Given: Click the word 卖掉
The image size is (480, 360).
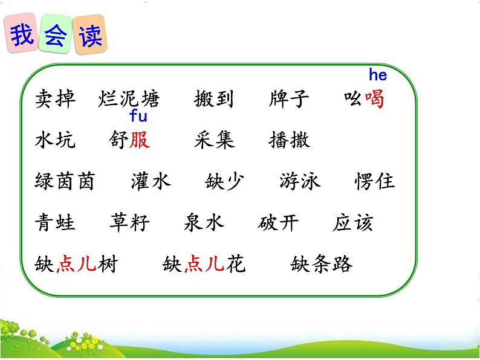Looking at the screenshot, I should click(56, 100).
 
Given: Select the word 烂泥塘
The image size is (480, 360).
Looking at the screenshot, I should click(128, 100).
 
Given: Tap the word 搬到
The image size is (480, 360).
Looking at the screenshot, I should click(214, 100).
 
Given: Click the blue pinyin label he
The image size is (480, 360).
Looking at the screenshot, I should click(377, 76).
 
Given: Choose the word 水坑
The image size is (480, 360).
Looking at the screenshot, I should click(56, 140).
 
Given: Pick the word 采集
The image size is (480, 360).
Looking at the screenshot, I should click(214, 140).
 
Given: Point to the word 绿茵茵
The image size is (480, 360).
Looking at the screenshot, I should click(65, 182).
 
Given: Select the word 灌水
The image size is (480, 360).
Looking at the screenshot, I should click(151, 182).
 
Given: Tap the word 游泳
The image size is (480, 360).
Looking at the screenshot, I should click(300, 182).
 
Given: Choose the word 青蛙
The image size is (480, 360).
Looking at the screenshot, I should click(56, 223).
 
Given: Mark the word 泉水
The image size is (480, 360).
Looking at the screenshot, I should click(204, 223).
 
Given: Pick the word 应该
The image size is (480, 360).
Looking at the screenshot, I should click(352, 223).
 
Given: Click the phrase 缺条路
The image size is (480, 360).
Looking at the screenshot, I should click(322, 264).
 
